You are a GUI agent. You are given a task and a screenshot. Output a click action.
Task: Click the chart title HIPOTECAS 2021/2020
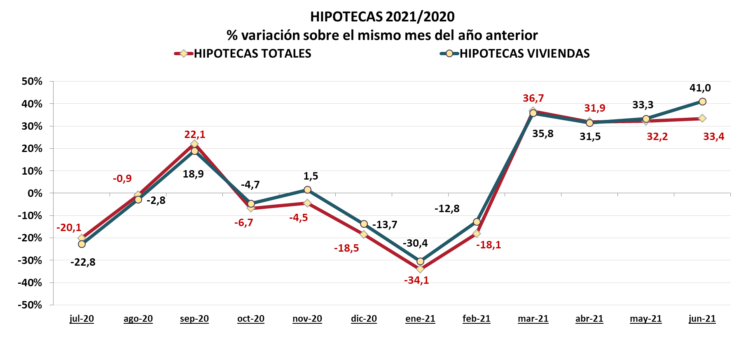pyautogui.click(x=382, y=17)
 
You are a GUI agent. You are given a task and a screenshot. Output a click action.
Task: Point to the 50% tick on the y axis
pyautogui.click(x=32, y=82)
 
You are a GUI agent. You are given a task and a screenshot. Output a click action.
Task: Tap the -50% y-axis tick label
pyautogui.click(x=30, y=305)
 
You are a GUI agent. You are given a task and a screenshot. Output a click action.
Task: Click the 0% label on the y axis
pyautogui.click(x=35, y=193)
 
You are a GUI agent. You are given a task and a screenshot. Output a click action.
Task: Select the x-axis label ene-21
pyautogui.click(x=420, y=319)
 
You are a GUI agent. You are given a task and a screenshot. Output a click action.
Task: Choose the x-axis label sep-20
pyautogui.click(x=194, y=319)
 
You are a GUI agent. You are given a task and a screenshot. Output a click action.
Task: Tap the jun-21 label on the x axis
pyautogui.click(x=702, y=319)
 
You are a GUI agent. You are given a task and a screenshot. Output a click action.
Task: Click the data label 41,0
pyautogui.click(x=700, y=88)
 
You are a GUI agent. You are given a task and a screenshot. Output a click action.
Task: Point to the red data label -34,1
pyautogui.click(x=416, y=281)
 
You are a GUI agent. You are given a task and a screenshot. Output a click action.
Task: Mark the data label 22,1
pyautogui.click(x=194, y=135)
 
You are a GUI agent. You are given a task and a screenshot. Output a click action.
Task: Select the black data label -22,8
pyautogui.click(x=83, y=262)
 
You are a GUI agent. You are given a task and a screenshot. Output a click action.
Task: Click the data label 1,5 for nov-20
pyautogui.click(x=311, y=176)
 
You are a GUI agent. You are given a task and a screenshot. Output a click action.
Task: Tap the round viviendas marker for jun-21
pyautogui.click(x=702, y=102)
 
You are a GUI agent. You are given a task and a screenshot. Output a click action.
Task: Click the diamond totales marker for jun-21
pyautogui.click(x=702, y=119)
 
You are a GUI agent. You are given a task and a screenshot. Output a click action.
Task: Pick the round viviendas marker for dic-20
pyautogui.click(x=364, y=224)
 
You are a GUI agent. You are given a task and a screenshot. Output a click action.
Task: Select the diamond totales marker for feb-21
pyautogui.click(x=477, y=234)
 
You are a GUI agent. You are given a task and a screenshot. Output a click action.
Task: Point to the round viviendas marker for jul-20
pyautogui.click(x=82, y=244)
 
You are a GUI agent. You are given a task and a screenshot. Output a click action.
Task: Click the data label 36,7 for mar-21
pyautogui.click(x=533, y=98)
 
